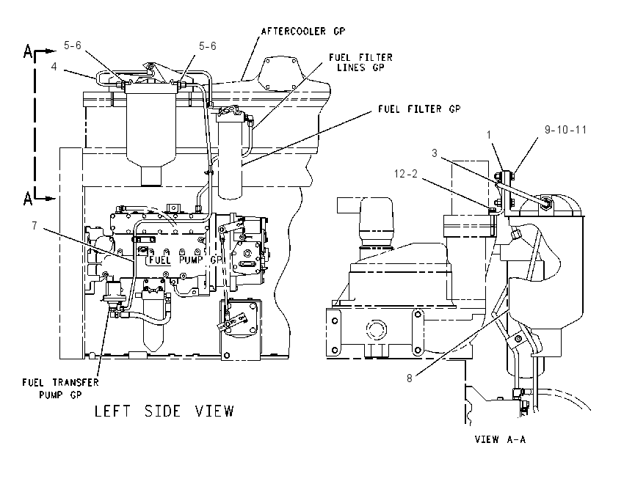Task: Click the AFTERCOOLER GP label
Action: pyautogui.click(x=303, y=31)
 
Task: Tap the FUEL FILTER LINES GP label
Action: pyautogui.click(x=360, y=62)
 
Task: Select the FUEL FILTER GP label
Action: pyautogui.click(x=419, y=109)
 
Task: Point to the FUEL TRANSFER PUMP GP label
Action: pyautogui.click(x=60, y=389)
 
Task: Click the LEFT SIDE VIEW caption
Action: pyautogui.click(x=164, y=411)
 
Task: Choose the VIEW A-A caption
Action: pyautogui.click(x=500, y=439)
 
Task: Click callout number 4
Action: pyautogui.click(x=54, y=67)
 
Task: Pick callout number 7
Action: pyautogui.click(x=35, y=226)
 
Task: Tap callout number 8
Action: pyautogui.click(x=410, y=378)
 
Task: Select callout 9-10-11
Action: pyautogui.click(x=565, y=130)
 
